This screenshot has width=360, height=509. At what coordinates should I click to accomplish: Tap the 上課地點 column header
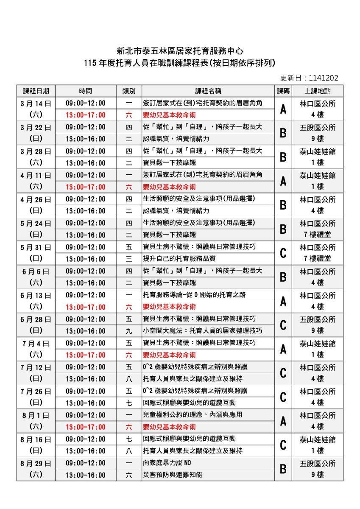[318, 91]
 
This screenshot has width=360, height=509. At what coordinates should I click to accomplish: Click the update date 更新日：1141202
[309, 78]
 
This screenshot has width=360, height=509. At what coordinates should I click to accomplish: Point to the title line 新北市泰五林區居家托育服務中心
[180, 52]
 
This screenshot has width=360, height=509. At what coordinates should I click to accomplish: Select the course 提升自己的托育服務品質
[179, 259]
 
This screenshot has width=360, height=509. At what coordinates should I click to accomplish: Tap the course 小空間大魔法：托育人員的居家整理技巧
[203, 331]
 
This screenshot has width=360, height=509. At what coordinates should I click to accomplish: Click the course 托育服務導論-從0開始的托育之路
[195, 295]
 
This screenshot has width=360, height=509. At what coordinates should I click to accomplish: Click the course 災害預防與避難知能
[167, 475]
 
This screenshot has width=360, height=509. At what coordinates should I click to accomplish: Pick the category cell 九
[129, 331]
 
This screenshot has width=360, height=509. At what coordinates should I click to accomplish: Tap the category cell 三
[129, 259]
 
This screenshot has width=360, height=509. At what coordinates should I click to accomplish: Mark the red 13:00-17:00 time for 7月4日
[86, 355]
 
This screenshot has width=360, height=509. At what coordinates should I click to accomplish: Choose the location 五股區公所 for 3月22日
[318, 127]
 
